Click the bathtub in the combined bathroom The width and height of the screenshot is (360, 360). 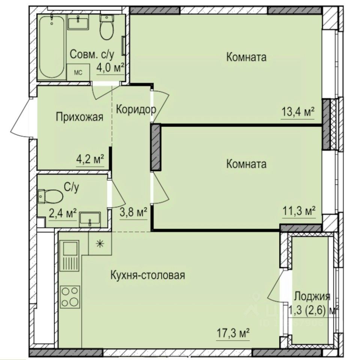51,46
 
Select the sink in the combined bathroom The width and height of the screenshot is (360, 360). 78,22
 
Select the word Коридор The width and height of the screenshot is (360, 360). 135,110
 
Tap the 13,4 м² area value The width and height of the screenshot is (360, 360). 297,112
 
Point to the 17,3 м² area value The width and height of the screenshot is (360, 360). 233,333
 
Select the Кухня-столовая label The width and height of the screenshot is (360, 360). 148,276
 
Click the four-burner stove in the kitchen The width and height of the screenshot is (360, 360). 70,297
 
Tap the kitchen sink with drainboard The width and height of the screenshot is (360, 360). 70,256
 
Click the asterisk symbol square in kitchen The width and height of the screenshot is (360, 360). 100,243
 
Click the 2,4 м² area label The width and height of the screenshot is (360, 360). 63,214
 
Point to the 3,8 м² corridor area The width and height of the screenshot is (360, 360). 133,213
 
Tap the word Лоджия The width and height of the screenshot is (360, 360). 312,296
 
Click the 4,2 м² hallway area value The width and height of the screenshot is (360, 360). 90,159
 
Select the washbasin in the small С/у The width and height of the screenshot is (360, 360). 90,219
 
